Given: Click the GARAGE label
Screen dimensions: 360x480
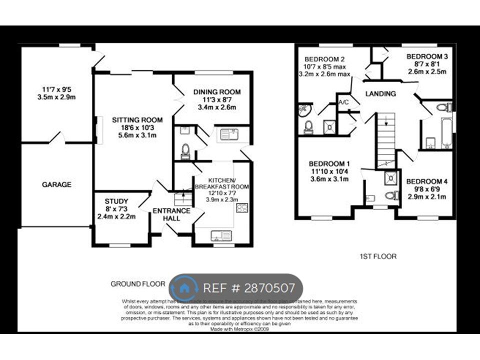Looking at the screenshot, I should (x=56, y=184).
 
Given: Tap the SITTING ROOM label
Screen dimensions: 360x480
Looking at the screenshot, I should (x=137, y=120).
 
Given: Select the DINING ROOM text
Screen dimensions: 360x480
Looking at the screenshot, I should (x=216, y=92).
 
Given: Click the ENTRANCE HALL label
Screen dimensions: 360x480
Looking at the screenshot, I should (x=171, y=214).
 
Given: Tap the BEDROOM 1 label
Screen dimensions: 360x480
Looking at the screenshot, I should (x=329, y=164).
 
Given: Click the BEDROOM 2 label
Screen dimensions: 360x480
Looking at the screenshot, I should (x=325, y=57).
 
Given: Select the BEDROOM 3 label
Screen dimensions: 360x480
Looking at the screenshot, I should (x=426, y=56).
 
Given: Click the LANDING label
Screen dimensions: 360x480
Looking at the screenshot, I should (x=380, y=93).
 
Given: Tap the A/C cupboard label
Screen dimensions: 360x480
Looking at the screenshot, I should (x=343, y=103).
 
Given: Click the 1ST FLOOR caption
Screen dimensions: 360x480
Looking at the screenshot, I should (x=378, y=256).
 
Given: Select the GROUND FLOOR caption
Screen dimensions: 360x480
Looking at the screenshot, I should (x=137, y=284).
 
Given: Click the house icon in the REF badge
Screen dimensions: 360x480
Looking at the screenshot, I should (x=184, y=288).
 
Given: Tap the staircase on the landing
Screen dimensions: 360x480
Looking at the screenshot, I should (x=385, y=140).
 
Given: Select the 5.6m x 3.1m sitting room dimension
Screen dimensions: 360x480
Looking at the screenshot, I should (x=137, y=135).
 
